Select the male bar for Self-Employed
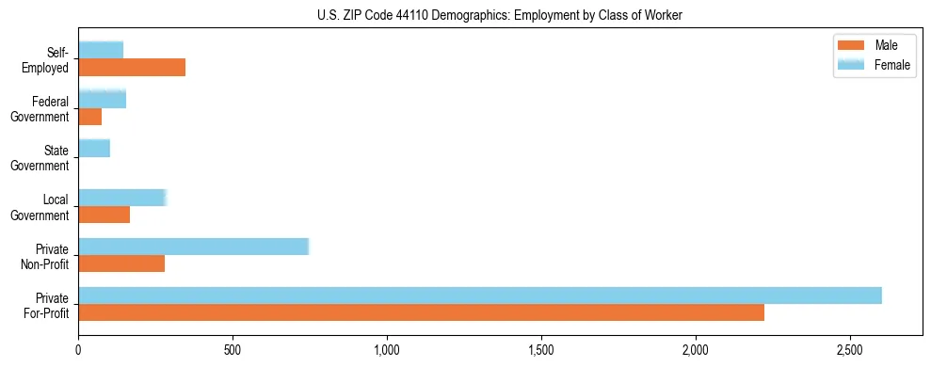[x=132, y=68]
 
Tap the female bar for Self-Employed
[x=101, y=51]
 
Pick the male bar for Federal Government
[x=90, y=117]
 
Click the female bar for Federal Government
[x=103, y=100]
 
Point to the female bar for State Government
[x=94, y=149]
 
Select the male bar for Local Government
[x=104, y=215]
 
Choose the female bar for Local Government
[x=122, y=198]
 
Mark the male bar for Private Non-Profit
[x=121, y=263]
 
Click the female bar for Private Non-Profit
[x=193, y=247]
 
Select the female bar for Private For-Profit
[x=480, y=295]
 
